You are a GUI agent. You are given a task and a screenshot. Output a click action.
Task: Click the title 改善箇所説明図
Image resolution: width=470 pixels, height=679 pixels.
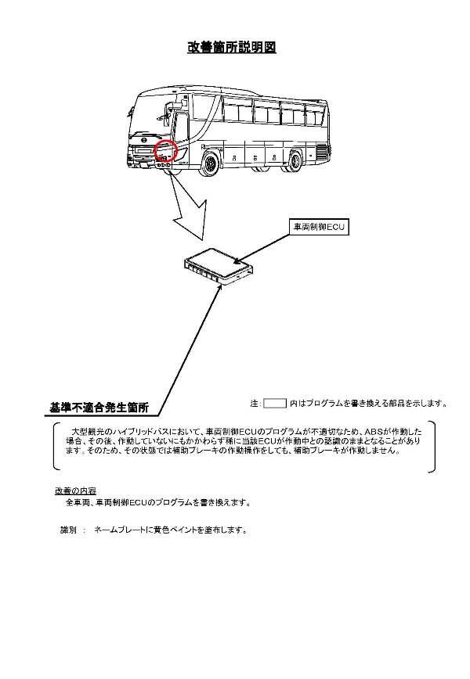tap(232, 48)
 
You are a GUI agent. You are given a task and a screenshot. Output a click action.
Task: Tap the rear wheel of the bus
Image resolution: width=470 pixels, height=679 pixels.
tap(295, 160)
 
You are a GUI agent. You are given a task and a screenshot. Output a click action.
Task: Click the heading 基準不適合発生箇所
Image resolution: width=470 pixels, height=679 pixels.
tap(99, 408)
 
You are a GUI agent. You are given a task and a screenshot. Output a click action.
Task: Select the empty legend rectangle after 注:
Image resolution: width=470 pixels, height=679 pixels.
tap(275, 404)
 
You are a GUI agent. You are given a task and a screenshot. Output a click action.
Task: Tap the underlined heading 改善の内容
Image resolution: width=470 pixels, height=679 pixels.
tap(75, 490)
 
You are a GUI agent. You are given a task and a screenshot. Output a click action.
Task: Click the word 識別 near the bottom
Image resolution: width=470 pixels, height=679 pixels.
tap(68, 530)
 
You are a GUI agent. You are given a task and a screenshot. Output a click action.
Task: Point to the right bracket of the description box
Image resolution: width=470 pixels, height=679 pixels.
tap(432, 447)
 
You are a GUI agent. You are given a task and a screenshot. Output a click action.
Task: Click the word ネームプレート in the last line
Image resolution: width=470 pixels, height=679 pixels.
tap(119, 530)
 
